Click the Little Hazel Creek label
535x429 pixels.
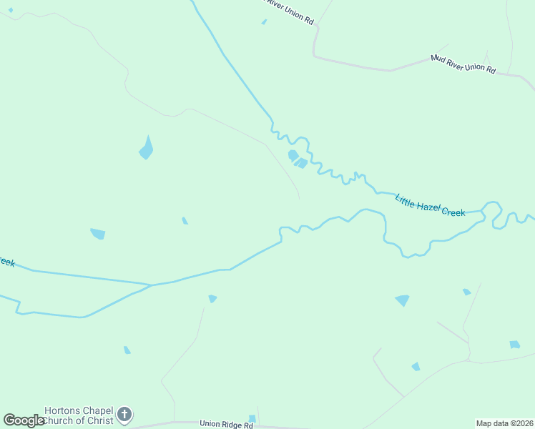tap(431, 204)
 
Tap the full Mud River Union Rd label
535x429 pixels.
tap(463, 64)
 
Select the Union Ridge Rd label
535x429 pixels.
tap(226, 424)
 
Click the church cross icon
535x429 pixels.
tap(124, 414)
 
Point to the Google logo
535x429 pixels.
tap(24, 420)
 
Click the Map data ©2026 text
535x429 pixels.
tap(504, 423)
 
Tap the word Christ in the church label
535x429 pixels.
tap(99, 420)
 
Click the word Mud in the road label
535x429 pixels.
tap(438, 57)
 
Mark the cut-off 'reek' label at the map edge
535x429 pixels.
tap(6, 262)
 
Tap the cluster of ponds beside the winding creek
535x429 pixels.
tap(297, 159)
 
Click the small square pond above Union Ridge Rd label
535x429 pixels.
tap(252, 418)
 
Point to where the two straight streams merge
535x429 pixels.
tap(151, 285)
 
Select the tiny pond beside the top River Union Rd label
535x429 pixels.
tap(264, 21)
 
